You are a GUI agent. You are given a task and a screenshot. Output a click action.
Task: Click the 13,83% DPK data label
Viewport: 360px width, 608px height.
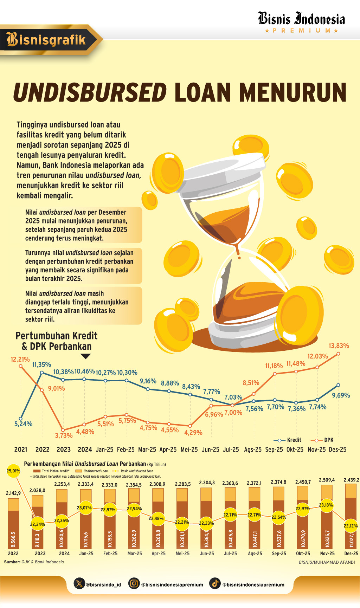(339, 346)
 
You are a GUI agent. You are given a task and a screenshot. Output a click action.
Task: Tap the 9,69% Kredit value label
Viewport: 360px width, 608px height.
(341, 395)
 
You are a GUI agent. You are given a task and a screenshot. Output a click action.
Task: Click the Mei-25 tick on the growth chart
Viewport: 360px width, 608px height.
(189, 449)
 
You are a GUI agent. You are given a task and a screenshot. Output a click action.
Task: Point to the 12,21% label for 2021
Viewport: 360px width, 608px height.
(20, 359)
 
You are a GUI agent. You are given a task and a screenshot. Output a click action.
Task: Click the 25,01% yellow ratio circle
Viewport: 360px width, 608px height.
(13, 471)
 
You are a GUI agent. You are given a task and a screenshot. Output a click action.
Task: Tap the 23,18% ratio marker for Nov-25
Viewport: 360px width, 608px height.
(326, 505)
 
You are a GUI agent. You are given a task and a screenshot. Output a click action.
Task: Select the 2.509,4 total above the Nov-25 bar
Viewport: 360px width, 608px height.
(327, 480)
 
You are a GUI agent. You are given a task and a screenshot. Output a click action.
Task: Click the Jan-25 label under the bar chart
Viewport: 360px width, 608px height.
(86, 554)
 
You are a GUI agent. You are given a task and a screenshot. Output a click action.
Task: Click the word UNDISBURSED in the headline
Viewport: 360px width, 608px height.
(90, 93)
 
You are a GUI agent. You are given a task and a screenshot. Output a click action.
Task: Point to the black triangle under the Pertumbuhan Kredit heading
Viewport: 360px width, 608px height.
(85, 356)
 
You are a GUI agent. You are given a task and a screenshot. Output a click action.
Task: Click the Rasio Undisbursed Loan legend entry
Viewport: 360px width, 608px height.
(133, 471)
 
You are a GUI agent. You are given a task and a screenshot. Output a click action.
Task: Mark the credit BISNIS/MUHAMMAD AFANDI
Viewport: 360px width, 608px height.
(327, 562)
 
